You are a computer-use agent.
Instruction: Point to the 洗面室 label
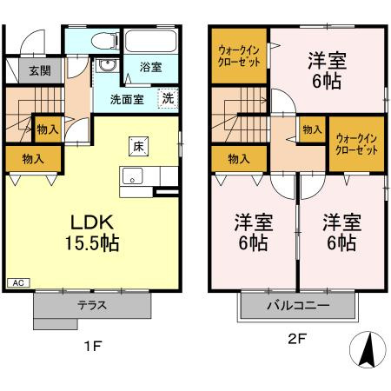[125, 98]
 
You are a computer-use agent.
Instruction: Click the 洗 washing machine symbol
[168, 98]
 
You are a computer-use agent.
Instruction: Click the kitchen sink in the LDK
[133, 180]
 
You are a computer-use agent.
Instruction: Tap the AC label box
[17, 282]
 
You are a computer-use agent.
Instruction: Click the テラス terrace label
[92, 306]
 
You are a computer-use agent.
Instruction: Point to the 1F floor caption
[94, 346]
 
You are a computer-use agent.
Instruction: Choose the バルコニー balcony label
[297, 307]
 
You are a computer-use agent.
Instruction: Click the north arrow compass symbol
[367, 350]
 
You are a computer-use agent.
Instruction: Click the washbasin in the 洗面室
[107, 68]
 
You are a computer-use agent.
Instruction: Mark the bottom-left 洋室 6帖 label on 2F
[253, 232]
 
